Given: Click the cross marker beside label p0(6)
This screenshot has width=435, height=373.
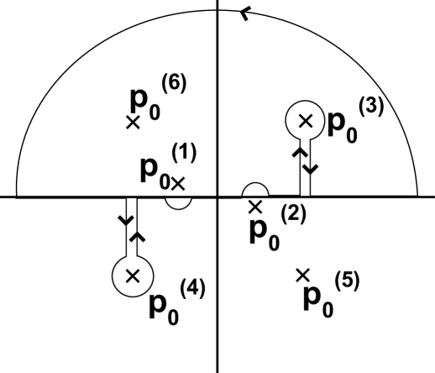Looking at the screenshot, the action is (x=133, y=122).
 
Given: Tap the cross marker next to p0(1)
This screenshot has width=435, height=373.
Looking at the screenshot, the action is (x=179, y=180).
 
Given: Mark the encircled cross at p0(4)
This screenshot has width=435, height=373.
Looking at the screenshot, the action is (x=130, y=274).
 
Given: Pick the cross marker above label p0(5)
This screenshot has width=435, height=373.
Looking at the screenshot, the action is (x=303, y=274).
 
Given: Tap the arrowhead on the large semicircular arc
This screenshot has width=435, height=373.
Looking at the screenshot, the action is (x=245, y=12).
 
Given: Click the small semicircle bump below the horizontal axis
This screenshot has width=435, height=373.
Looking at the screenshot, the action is (x=177, y=202).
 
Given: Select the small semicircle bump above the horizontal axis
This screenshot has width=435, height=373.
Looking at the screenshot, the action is (x=255, y=191).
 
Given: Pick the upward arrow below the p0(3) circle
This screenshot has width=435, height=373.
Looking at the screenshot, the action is (x=298, y=153).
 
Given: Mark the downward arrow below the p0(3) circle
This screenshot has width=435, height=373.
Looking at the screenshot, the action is (x=312, y=168).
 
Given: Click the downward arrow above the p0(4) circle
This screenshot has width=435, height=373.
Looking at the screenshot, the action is (x=127, y=220).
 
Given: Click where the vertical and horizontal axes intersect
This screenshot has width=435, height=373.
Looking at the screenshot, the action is (x=217, y=197).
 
